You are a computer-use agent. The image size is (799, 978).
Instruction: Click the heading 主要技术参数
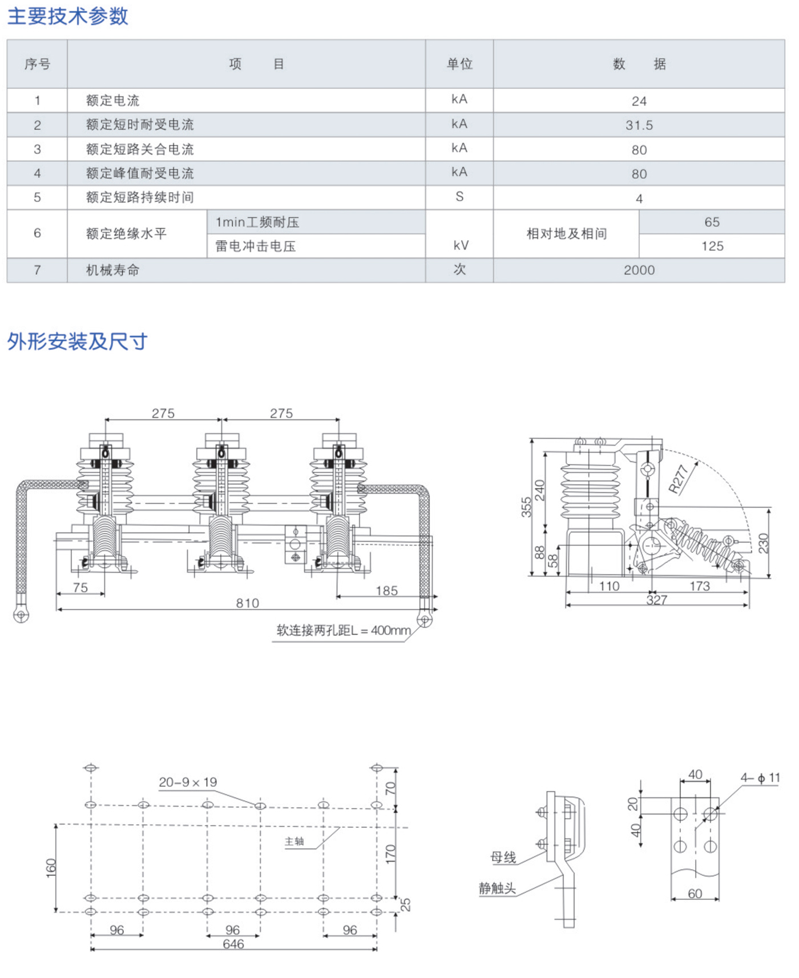pyautogui.click(x=67, y=16)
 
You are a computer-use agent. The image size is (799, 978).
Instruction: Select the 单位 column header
pyautogui.click(x=459, y=64)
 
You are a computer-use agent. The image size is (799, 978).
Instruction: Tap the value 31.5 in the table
pyautogui.click(x=639, y=126)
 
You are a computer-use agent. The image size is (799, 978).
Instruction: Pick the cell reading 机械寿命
pyautogui.click(x=112, y=270)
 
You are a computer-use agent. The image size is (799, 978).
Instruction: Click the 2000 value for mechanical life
pyautogui.click(x=639, y=270)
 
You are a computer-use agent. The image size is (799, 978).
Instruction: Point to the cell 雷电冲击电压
pyautogui.click(x=255, y=246)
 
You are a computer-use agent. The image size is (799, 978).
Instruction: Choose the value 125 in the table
pyautogui.click(x=712, y=246)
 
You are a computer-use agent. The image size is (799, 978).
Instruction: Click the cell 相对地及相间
pyautogui.click(x=566, y=234)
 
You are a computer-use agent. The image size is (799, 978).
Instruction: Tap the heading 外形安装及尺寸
pyautogui.click(x=77, y=342)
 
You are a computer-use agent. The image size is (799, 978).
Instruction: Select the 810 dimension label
pyautogui.click(x=247, y=603)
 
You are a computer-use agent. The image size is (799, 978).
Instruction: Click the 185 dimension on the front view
pyautogui.click(x=386, y=591)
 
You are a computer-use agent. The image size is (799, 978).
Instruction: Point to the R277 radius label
pyautogui.click(x=679, y=479)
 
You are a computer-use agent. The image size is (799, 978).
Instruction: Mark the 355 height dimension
pyautogui.click(x=526, y=507)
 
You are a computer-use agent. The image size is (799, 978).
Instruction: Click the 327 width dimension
pyautogui.click(x=656, y=600)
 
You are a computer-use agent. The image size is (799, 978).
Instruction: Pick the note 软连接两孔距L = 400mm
pyautogui.click(x=343, y=631)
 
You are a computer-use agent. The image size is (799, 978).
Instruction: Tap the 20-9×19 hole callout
pyautogui.click(x=188, y=782)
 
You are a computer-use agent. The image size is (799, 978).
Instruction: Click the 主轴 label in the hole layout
pyautogui.click(x=294, y=841)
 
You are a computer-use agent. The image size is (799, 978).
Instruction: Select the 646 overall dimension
pyautogui.click(x=233, y=944)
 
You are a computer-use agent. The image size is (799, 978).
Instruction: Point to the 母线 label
pyautogui.click(x=503, y=857)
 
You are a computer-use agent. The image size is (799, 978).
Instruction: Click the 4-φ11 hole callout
pyautogui.click(x=760, y=778)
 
